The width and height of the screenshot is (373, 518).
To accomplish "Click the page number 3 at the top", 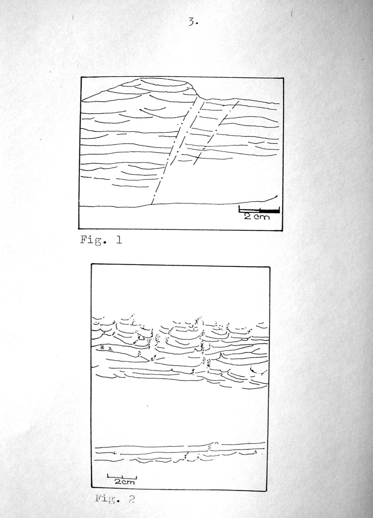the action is coord(193,22).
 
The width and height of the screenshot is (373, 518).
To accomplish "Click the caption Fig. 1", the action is coord(101,240).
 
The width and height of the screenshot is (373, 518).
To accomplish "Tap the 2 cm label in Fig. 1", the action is coord(257,217).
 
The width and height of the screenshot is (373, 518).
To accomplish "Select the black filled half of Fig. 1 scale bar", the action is coord(270,211).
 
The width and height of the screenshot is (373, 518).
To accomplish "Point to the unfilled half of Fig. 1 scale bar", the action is coord(249,211).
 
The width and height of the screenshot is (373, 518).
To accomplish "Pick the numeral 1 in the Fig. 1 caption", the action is coord(119,240).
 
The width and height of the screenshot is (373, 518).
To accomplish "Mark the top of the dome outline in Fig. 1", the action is coord(162,78).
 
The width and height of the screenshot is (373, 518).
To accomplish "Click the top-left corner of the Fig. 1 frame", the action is coord(81,77).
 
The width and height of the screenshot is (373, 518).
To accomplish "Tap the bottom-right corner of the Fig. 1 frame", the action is coord(282,230).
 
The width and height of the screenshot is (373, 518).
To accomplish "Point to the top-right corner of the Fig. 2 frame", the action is coord(270,267).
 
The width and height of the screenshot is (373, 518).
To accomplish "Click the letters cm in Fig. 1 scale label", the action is coord(262,217).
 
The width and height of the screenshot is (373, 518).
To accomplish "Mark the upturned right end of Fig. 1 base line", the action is coord(276,196).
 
